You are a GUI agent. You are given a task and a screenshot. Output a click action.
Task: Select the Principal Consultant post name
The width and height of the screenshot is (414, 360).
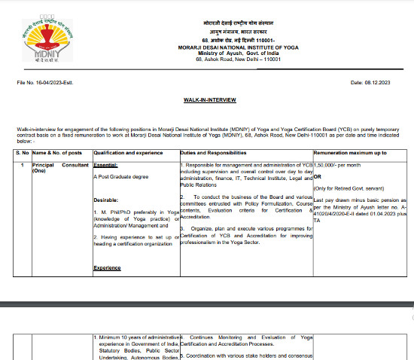point(59,164)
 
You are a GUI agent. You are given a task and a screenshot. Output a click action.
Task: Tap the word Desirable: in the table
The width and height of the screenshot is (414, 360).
point(107,200)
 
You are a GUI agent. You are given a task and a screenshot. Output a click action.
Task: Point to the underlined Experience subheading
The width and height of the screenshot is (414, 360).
point(108,268)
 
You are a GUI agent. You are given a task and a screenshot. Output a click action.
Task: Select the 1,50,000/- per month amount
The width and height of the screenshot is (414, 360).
point(340,164)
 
